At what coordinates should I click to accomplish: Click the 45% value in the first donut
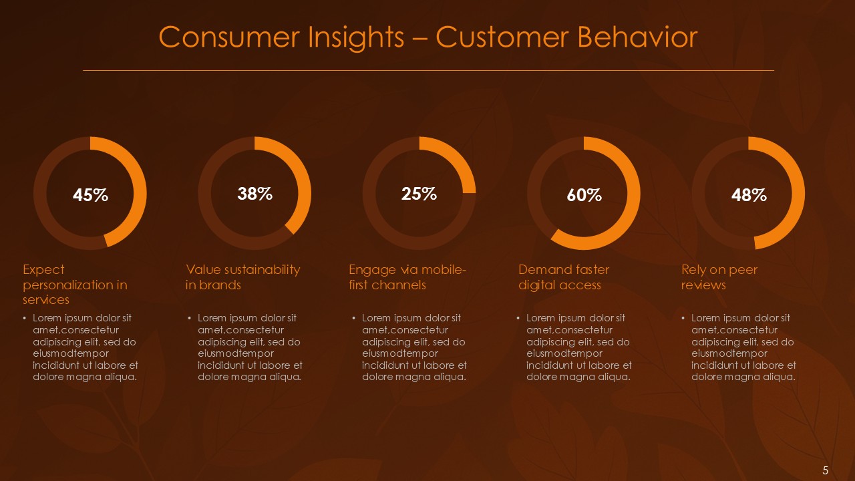[x=90, y=195]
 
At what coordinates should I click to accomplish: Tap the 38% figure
[x=254, y=194]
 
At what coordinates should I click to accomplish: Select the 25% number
[x=419, y=194]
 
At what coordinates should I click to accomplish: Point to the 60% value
[x=584, y=195]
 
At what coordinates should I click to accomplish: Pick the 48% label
[x=748, y=195]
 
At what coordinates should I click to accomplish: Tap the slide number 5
[x=826, y=470]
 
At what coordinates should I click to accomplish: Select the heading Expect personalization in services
[x=75, y=285]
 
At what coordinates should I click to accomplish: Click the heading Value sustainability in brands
[x=242, y=277]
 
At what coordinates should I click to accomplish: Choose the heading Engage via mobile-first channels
[x=407, y=277]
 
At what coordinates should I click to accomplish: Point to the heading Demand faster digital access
[x=564, y=277]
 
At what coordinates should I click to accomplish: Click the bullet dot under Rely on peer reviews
[x=683, y=319]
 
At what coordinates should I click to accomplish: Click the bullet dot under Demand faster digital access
[x=519, y=319]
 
